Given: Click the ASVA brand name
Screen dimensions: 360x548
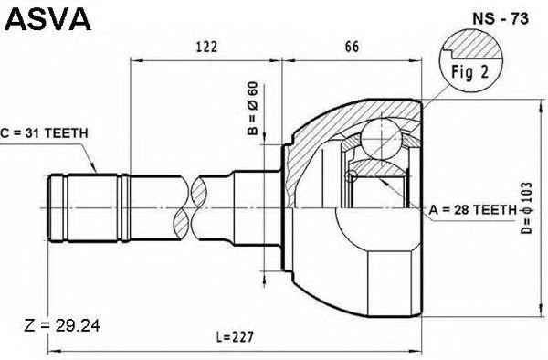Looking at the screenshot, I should (x=47, y=19).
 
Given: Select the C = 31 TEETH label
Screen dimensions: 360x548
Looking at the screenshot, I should (x=44, y=133).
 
